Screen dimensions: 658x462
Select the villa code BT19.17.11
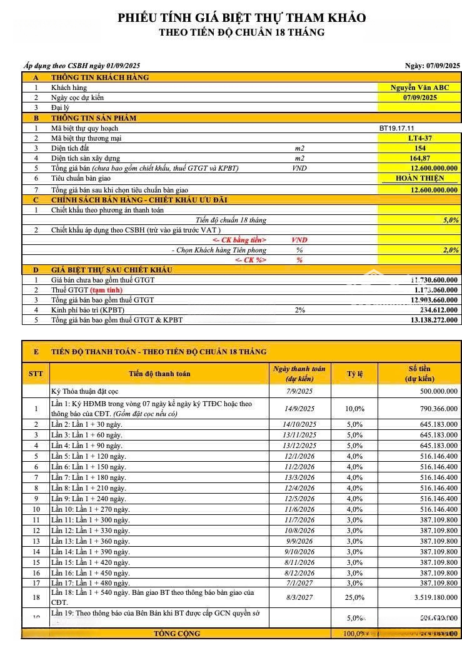coord(396,128)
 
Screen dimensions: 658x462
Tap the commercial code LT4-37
coord(419,138)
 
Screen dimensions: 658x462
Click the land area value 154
coord(419,148)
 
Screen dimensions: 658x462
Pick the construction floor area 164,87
coord(419,158)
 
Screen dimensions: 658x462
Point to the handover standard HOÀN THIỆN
coord(419,179)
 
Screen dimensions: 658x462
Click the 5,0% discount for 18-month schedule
coord(450,220)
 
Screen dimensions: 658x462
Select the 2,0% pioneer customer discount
coord(450,250)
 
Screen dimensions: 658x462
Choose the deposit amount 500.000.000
coord(434,392)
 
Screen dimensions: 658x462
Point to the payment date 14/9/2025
coord(299,409)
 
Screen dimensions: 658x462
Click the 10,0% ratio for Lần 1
coord(354,409)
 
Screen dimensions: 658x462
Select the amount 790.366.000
coord(434,409)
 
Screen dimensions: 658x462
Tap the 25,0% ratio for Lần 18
coord(354,597)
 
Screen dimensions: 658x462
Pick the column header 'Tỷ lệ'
coord(354,374)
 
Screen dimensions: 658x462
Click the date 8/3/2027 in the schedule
coord(300,597)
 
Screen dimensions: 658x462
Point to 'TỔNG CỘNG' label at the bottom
coord(177,634)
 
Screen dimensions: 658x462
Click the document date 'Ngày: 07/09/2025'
coord(432,66)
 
